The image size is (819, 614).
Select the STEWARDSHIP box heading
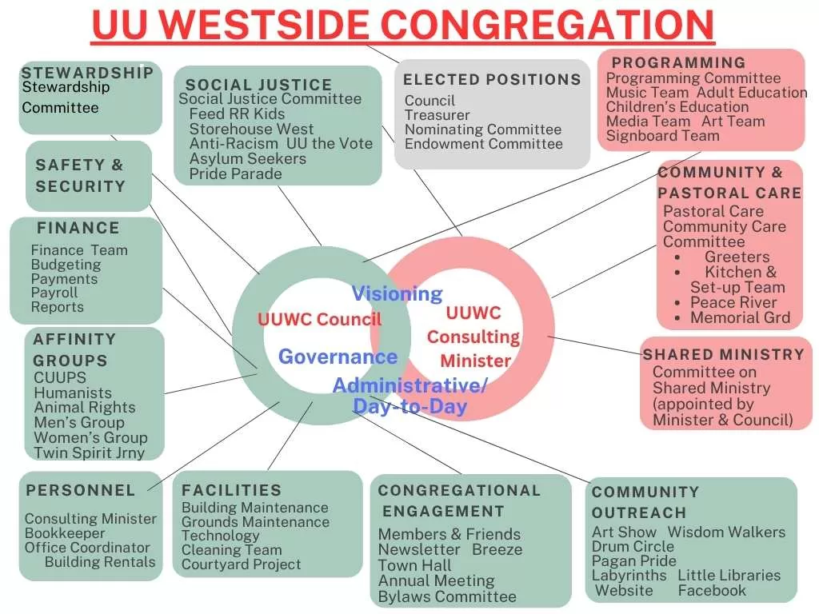click(x=87, y=73)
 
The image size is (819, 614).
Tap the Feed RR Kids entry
click(x=237, y=114)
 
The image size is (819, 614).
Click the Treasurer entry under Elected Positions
click(x=437, y=115)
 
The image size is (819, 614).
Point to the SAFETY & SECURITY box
click(x=81, y=176)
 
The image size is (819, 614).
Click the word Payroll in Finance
click(x=54, y=293)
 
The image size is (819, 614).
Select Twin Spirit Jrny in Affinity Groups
click(x=89, y=453)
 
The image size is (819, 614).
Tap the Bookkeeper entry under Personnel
click(x=65, y=533)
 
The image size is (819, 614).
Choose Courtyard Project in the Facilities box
click(x=241, y=564)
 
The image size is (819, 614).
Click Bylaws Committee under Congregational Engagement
click(x=447, y=596)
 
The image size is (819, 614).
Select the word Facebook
click(x=712, y=591)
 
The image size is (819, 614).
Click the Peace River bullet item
click(x=733, y=302)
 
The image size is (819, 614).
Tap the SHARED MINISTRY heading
click(x=724, y=354)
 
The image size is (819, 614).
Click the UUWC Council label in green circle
click(x=319, y=320)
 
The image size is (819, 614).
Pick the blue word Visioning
click(x=398, y=293)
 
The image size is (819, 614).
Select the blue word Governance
click(x=338, y=357)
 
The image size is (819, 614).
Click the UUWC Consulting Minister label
click(x=473, y=337)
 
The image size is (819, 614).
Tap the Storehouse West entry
click(x=251, y=129)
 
